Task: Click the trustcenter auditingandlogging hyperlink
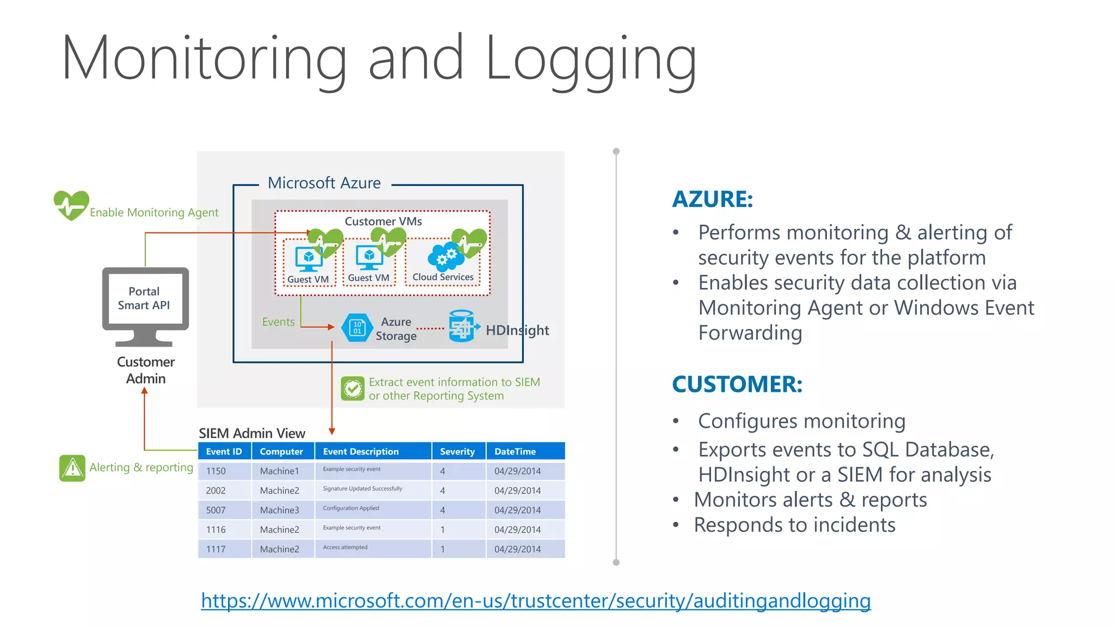536,601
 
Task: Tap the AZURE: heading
712,199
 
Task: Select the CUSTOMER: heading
737,384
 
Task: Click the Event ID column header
224,451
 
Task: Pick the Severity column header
457,451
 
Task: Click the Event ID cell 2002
216,490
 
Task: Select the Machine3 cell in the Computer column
279,510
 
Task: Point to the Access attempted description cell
345,548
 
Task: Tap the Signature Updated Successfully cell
362,489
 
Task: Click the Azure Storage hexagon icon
357,328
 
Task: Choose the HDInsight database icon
462,326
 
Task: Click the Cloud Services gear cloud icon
443,257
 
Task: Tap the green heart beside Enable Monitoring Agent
71,205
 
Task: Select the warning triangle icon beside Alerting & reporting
72,468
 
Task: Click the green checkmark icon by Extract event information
353,389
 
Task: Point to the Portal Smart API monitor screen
144,299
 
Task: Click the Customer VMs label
383,222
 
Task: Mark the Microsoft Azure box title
324,183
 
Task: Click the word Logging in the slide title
591,59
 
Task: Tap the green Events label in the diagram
278,322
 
